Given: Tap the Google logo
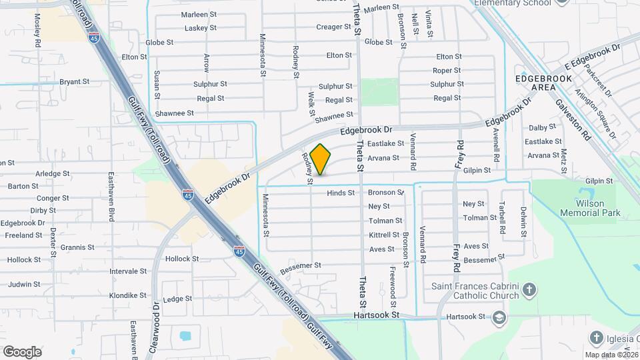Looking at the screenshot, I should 23,351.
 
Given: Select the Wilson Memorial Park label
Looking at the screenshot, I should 591,208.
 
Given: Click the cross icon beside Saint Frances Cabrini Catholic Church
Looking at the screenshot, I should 529,290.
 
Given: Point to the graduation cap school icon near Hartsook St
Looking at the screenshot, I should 498,318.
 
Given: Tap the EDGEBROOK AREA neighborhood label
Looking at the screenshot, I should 544,83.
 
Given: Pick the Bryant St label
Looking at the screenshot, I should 74,82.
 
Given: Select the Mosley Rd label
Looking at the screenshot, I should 37,30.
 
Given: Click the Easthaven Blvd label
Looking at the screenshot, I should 111,198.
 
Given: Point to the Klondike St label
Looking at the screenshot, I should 128,295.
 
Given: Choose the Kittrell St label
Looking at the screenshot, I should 384,235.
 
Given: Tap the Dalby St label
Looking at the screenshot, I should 542,127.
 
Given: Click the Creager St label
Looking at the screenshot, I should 333,27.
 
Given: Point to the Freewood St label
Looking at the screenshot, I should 394,283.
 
